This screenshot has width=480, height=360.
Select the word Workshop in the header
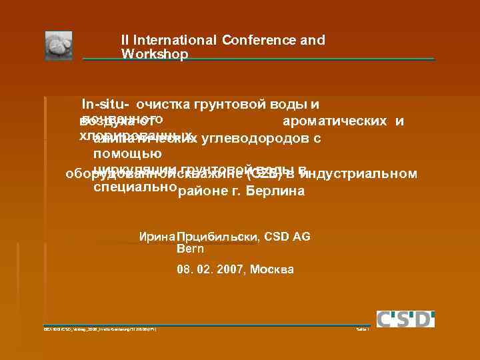(155, 54)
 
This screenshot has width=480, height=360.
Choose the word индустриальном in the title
(359, 175)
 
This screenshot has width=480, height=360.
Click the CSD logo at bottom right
(405, 319)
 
